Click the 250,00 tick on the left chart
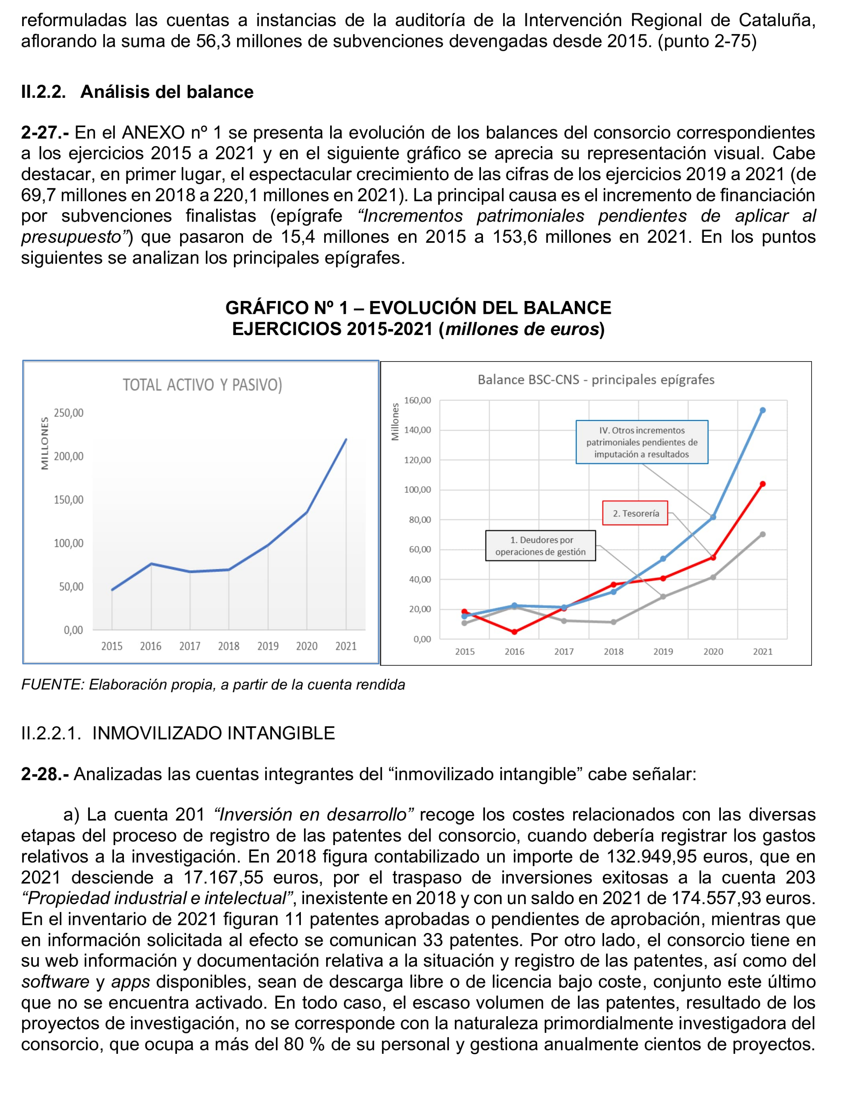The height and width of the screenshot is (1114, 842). [69, 413]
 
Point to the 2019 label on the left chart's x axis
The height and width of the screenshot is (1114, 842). [268, 646]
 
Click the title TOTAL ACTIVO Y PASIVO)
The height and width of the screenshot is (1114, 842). [202, 385]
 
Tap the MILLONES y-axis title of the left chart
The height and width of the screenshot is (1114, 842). [45, 443]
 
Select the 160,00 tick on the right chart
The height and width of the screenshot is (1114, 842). [418, 400]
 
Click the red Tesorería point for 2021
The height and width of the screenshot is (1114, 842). [763, 484]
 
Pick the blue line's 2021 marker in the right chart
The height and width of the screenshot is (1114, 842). [763, 411]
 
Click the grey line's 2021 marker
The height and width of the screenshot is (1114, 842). [763, 535]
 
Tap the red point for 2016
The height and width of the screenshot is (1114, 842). [514, 632]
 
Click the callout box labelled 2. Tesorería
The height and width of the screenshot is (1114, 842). [635, 513]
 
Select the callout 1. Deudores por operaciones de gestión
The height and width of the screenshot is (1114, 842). [540, 546]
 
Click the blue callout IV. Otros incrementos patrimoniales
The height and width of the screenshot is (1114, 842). [642, 442]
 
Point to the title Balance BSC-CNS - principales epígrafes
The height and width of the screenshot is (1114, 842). [596, 380]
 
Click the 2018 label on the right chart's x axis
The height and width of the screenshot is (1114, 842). [613, 652]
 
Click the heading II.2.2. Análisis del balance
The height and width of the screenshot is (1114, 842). [137, 92]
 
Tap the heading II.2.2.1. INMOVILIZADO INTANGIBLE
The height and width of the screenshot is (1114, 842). [178, 733]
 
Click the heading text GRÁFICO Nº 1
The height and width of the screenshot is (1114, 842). [286, 308]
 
